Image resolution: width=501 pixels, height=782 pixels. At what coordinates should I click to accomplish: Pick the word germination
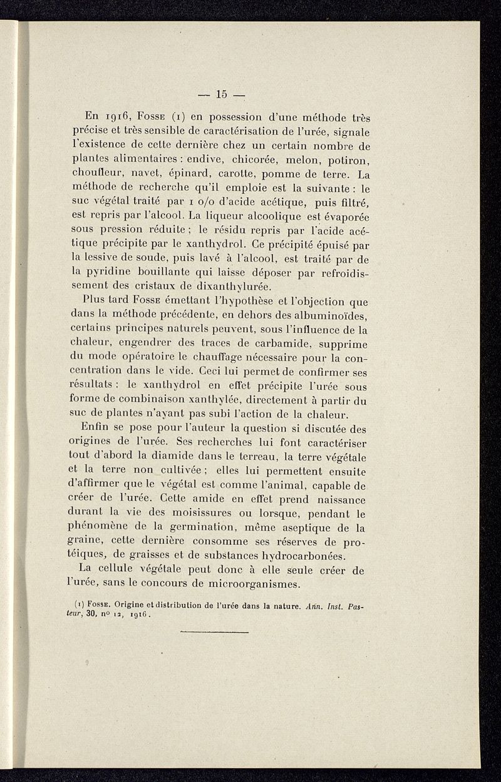point(214,529)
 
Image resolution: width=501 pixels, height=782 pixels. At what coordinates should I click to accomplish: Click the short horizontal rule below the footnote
point(215,632)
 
